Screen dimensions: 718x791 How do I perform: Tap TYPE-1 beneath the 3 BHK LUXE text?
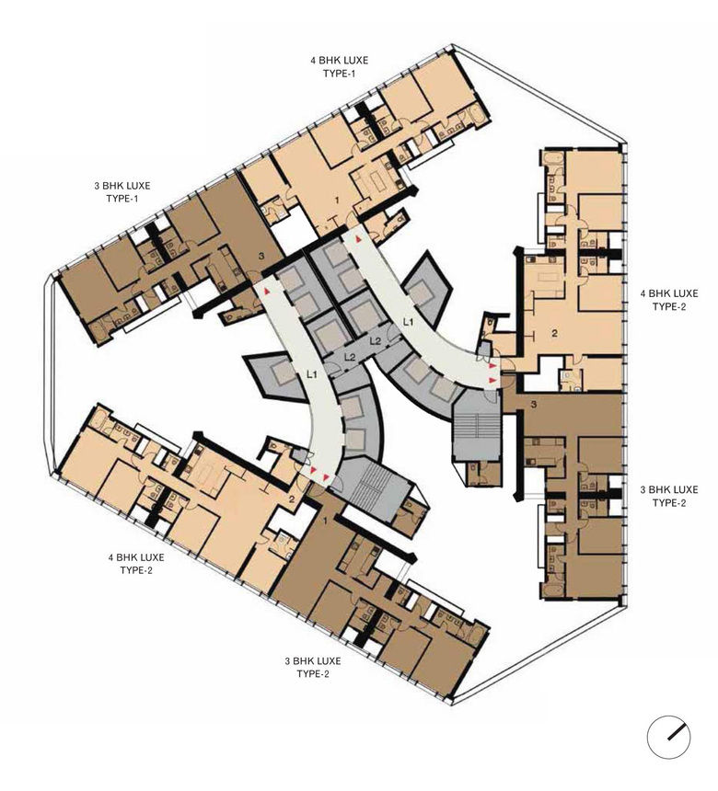[122, 199]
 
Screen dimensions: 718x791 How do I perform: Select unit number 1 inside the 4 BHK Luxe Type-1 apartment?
[337, 201]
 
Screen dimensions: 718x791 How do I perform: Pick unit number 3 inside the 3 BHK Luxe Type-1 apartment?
[261, 257]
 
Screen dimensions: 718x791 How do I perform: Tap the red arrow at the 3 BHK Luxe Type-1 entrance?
[266, 291]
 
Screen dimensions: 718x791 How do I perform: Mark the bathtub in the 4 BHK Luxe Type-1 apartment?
[477, 114]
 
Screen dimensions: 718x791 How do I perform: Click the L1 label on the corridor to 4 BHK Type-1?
[408, 321]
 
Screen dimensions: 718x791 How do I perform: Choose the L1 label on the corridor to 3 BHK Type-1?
[312, 374]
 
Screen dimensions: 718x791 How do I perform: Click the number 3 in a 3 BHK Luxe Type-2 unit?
[534, 404]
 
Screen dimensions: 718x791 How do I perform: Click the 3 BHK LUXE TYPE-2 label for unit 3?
[668, 497]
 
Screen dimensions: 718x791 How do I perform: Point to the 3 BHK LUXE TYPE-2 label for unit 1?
[313, 668]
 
